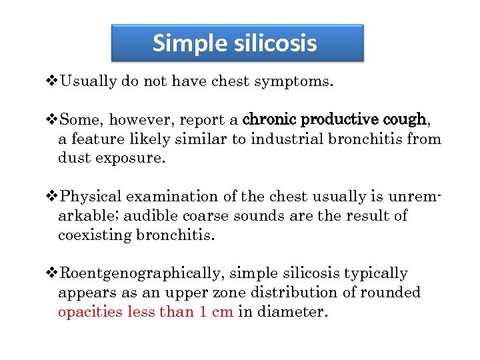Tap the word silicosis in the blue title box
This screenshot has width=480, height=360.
[x=275, y=44]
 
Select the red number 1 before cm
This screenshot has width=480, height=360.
[x=203, y=313]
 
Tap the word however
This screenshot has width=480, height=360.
[x=139, y=121]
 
